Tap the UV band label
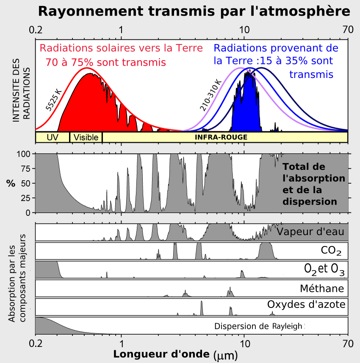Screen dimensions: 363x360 pos(52,138)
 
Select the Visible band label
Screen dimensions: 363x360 pos(86,138)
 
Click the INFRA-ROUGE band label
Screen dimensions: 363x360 pos(221,138)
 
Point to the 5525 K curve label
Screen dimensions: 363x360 pos(54,100)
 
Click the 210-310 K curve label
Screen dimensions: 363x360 pos(210,96)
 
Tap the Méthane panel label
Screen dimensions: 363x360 pos(321,289)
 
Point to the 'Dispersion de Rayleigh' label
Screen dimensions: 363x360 pos(259,326)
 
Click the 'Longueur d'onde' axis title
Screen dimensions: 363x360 pos(161,354)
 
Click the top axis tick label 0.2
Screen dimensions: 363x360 pos(36,30)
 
